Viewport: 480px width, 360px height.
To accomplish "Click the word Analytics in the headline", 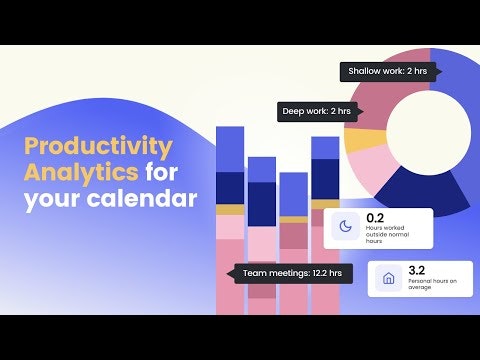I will (x=78, y=172).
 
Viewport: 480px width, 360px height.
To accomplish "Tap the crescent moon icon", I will (x=345, y=228).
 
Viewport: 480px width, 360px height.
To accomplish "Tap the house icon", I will (x=389, y=279).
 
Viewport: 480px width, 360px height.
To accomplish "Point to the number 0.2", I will (x=376, y=217).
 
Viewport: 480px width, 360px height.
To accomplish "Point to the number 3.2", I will (x=418, y=269).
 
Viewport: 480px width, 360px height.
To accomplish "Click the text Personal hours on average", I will (x=432, y=286).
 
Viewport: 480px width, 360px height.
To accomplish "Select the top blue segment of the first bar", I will (x=230, y=149).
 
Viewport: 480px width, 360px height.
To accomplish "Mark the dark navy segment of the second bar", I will (x=261, y=203).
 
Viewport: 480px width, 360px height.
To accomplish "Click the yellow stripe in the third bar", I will (x=293, y=219).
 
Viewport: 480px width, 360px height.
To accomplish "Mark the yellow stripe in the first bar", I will (x=230, y=211).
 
